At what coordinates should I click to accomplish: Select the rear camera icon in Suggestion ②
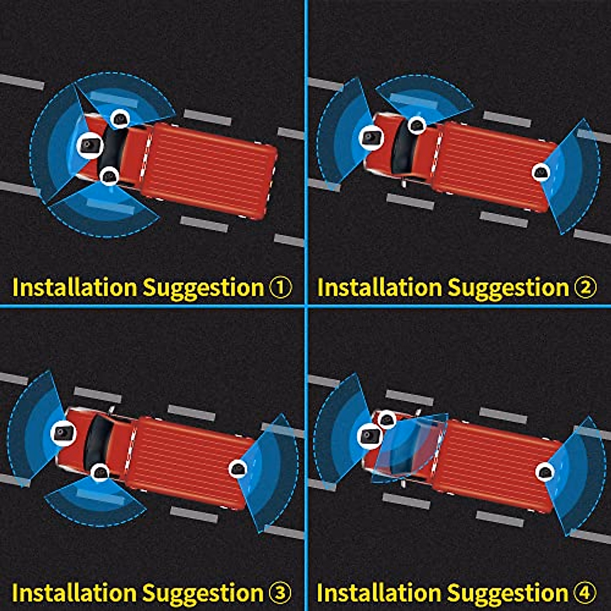pos(541,172)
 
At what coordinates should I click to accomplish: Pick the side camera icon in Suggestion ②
pos(417,125)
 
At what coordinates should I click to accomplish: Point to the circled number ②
pos(585,287)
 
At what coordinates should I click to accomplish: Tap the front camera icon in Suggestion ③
pos(64,433)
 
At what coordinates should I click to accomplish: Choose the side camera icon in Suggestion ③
pos(100,472)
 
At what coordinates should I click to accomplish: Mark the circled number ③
pos(280,593)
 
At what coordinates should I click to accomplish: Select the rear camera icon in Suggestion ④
pos(544,473)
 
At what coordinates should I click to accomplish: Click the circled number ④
pos(585,593)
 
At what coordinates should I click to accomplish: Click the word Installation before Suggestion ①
pos(74,287)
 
